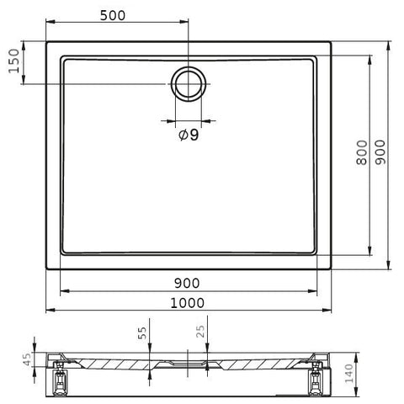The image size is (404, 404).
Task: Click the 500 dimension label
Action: (113, 16)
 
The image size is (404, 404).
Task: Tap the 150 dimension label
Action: (14, 61)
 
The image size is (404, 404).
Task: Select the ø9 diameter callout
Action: (189, 136)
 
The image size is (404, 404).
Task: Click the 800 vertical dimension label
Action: (362, 152)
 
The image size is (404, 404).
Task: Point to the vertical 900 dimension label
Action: (380, 152)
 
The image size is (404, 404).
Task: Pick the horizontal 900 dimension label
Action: (187, 284)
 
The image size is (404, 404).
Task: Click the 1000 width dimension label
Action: (188, 303)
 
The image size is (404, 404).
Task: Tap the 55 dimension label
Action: (142, 333)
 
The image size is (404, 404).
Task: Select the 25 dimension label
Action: (200, 332)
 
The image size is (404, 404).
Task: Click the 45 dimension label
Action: (27, 359)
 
